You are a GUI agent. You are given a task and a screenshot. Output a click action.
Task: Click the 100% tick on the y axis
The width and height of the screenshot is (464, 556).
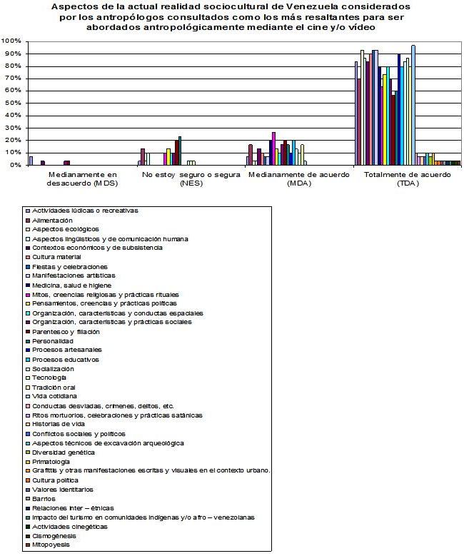12,41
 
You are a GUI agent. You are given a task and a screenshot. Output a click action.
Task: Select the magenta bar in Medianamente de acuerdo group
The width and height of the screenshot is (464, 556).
273,148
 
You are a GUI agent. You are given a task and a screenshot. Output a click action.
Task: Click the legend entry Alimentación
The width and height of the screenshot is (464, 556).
57,220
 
